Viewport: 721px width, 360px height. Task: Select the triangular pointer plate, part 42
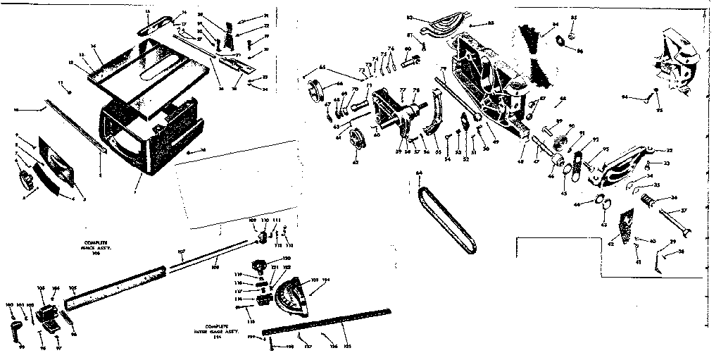click(x=624, y=227)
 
